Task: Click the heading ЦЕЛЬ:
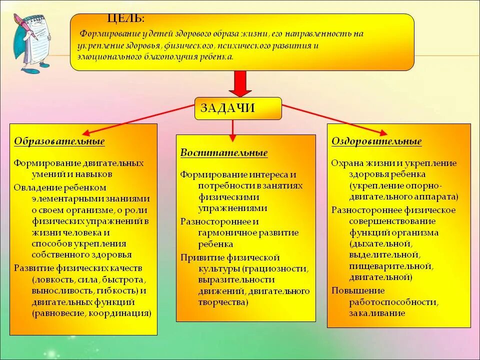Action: click(126, 19)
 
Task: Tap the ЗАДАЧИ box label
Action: click(227, 108)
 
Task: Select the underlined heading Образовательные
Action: click(59, 141)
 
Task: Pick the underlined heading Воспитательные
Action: click(224, 153)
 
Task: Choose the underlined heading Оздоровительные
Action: click(376, 141)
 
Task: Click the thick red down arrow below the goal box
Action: click(240, 83)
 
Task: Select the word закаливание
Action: click(377, 313)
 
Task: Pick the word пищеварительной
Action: click(390, 266)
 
